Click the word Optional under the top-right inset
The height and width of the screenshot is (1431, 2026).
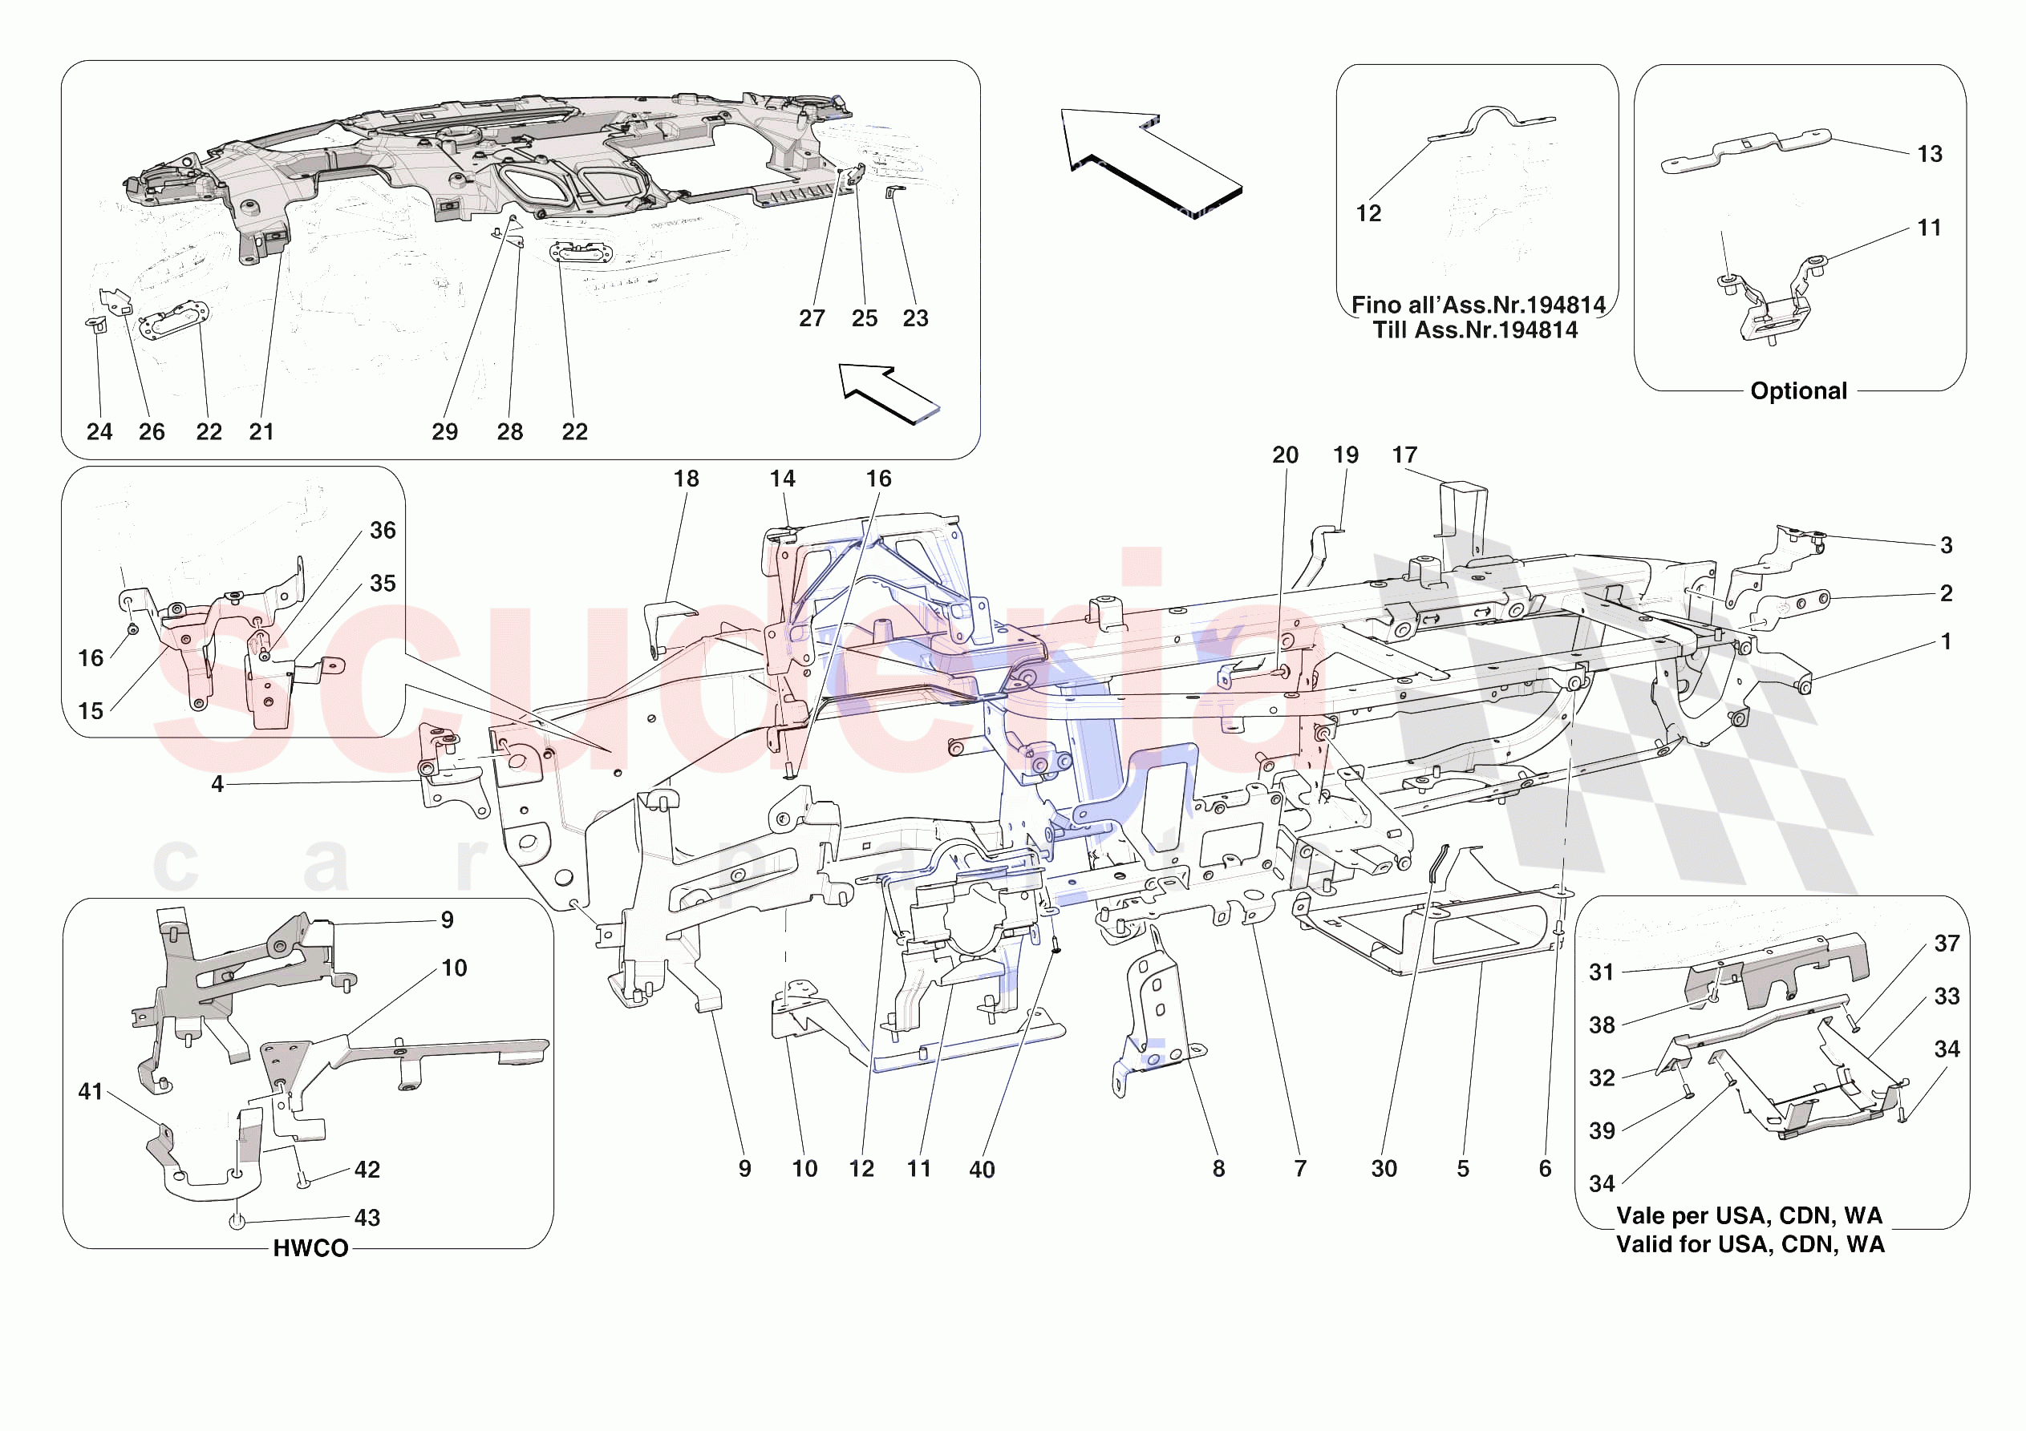click(x=1797, y=391)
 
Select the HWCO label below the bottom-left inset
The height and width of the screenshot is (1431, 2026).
click(x=310, y=1247)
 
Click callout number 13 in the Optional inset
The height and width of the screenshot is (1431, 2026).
click(x=1929, y=155)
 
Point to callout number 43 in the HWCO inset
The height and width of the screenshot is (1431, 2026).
click(x=367, y=1218)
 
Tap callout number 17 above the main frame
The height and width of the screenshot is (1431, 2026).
click(x=1404, y=455)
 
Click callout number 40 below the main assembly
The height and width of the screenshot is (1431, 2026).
click(x=981, y=1169)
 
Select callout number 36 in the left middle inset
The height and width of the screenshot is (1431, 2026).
click(x=382, y=530)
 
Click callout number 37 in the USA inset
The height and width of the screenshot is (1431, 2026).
click(x=1947, y=943)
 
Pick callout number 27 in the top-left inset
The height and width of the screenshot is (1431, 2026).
click(x=812, y=318)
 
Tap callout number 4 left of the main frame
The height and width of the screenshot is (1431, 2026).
click(x=217, y=784)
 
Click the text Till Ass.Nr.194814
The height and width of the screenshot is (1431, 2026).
click(x=1474, y=330)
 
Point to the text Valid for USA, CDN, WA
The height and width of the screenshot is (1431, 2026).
click(x=1750, y=1244)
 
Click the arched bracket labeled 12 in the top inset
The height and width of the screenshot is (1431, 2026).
click(x=1491, y=123)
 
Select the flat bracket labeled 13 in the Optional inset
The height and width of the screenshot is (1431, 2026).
click(x=1747, y=149)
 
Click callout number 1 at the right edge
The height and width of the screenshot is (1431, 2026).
click(x=1946, y=641)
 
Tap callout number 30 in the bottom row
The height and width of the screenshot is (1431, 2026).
click(x=1384, y=1168)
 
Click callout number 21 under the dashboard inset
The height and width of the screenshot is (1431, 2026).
click(x=261, y=431)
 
